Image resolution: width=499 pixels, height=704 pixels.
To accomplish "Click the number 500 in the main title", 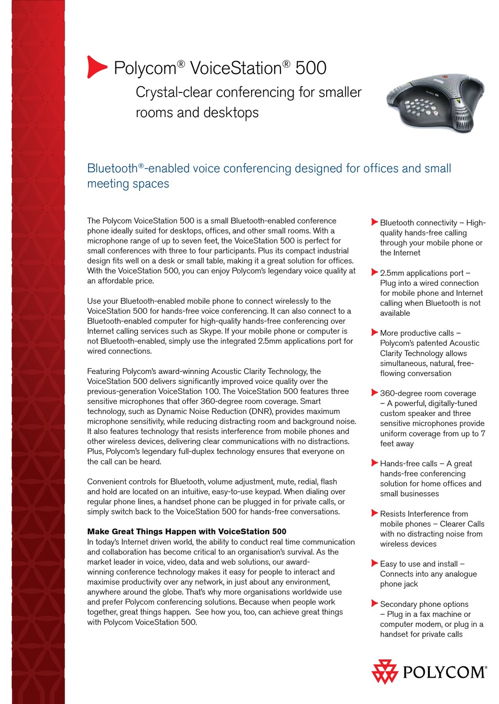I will [311, 68].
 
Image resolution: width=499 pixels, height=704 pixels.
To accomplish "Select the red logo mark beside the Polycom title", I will [96, 67].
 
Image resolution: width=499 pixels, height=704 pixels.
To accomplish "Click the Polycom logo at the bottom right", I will [429, 672].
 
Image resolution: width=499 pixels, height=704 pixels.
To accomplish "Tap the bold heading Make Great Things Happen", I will [186, 532].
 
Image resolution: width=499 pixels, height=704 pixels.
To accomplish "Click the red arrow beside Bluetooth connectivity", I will [375, 222].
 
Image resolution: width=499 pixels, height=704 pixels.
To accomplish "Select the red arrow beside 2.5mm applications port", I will [375, 272].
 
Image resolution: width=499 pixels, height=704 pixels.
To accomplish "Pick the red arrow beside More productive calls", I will [375, 332].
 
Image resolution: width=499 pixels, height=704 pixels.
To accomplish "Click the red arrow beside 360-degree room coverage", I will [375, 392].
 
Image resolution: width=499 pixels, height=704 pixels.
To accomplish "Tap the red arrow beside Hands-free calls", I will [375, 463].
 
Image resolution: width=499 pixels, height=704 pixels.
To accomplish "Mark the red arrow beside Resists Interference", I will [375, 513].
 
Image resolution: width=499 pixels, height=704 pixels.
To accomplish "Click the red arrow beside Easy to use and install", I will [375, 563].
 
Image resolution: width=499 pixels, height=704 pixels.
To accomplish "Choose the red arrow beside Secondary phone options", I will [375, 603].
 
